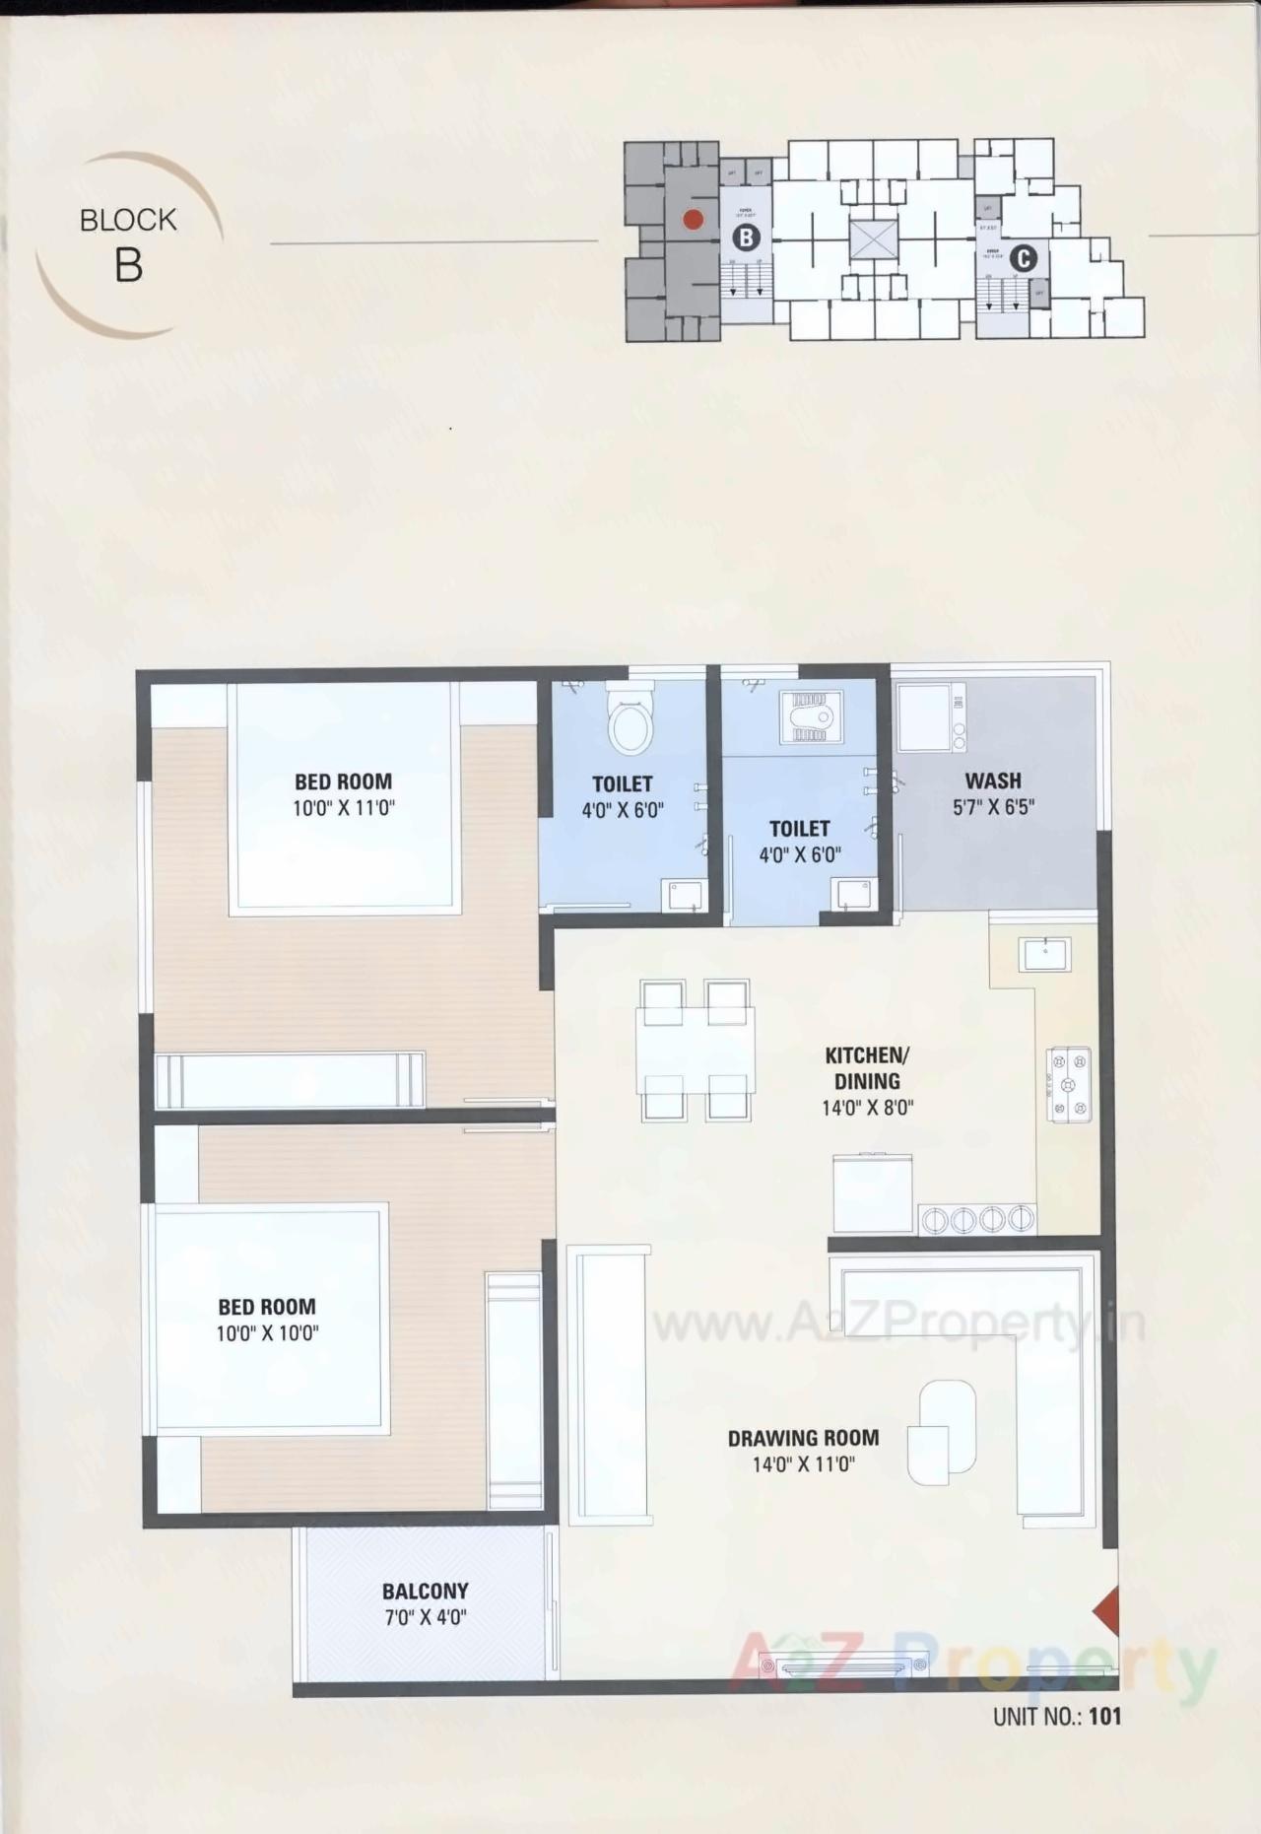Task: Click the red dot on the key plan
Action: point(693,220)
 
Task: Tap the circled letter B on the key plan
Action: point(746,238)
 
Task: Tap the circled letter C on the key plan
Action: point(1024,258)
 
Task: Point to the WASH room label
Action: point(992,781)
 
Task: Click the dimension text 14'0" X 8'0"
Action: point(867,1108)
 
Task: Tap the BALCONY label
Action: point(425,1591)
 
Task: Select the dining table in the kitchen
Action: point(695,1050)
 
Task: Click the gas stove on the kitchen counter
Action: point(1068,1085)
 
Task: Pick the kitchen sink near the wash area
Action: point(1044,954)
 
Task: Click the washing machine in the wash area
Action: point(930,716)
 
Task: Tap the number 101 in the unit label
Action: point(1104,1716)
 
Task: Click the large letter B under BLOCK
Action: point(128,266)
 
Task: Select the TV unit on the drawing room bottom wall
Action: point(851,1667)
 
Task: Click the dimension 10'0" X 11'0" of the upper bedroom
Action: point(343,809)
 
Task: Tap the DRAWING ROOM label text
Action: point(803,1438)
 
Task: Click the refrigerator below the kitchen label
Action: point(872,1193)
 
